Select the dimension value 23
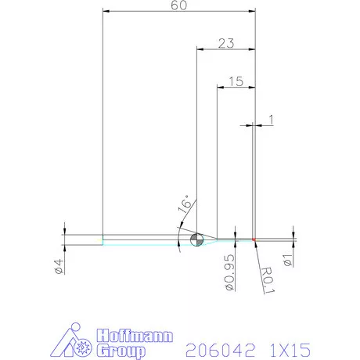225,44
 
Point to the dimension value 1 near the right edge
271,118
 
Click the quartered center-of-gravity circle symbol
196,239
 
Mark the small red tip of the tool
255,239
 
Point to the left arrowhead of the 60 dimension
107,13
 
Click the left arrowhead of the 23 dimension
199,50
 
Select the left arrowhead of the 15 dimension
220,86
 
